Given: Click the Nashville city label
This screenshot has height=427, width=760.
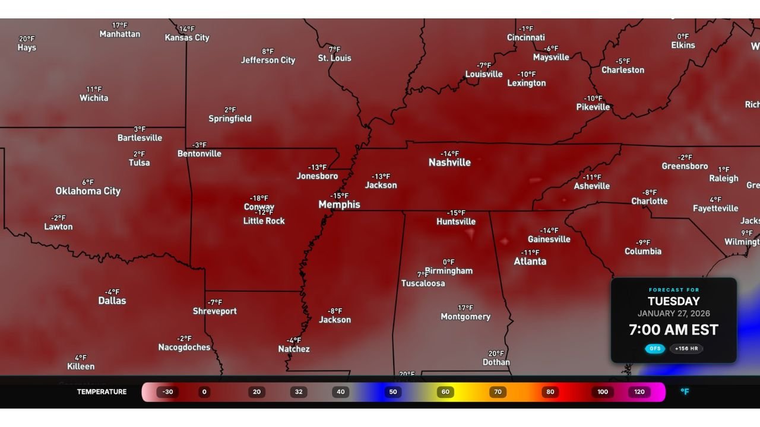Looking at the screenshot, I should click(x=449, y=162).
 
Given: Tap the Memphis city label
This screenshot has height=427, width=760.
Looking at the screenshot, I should click(x=339, y=205).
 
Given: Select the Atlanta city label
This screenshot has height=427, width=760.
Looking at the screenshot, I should click(x=530, y=262).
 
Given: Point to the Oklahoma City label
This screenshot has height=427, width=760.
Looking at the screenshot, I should click(x=88, y=191).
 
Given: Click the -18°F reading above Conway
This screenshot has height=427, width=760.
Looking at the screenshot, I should click(x=259, y=198).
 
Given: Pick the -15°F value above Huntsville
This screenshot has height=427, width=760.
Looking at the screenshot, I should click(x=456, y=213).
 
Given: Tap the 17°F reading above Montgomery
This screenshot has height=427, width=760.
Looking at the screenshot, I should click(x=465, y=308).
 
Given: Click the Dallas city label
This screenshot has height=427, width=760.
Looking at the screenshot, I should click(x=112, y=301).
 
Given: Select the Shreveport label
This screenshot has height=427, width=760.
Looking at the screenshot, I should click(x=215, y=311).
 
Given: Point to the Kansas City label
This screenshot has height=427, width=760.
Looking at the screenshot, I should click(x=187, y=37).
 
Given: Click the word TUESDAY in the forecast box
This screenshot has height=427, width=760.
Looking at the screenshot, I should click(x=673, y=301).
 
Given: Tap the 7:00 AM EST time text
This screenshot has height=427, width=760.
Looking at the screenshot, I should click(x=673, y=330).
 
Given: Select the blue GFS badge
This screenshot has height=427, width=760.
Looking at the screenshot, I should click(x=655, y=349).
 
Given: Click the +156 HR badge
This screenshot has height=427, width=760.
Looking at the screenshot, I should click(x=686, y=349).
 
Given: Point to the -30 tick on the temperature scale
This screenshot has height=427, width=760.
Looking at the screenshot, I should click(x=168, y=392).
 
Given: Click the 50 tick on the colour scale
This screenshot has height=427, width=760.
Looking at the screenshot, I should click(x=393, y=392).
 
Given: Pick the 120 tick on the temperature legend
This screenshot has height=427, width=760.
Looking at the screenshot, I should click(x=639, y=392).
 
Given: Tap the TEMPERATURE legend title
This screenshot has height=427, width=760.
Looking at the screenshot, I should click(x=102, y=392).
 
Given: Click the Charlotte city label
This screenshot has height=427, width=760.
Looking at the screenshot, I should click(x=650, y=201).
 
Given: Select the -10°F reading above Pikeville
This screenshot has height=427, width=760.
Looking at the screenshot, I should click(x=593, y=98).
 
